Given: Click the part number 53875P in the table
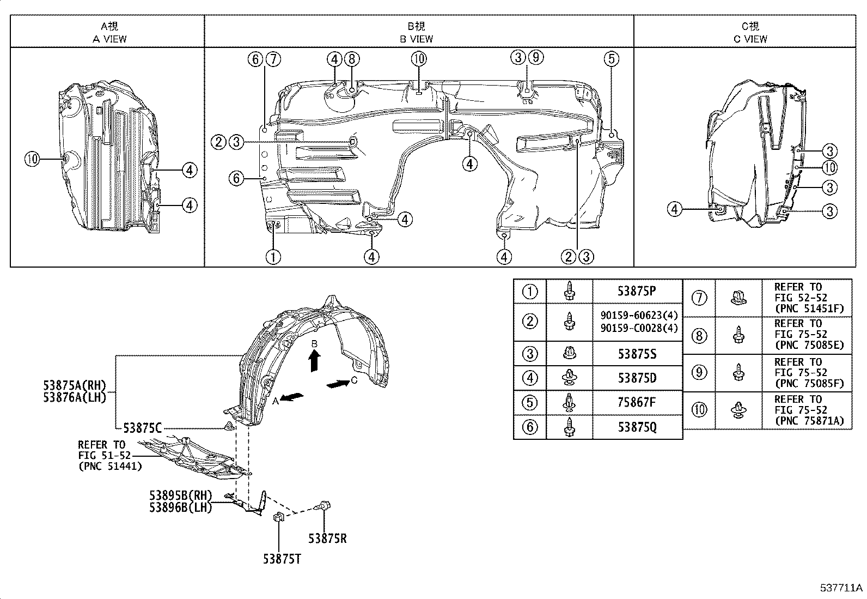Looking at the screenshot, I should (636, 291).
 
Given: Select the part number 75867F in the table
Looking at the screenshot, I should (637, 402).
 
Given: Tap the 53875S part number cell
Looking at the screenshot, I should (637, 354).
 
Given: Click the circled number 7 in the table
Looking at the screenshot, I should (699, 298).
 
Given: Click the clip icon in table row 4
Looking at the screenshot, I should (570, 377).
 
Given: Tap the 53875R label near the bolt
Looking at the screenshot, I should (327, 539).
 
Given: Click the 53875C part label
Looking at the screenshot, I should (142, 428).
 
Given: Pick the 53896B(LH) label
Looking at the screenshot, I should (180, 507).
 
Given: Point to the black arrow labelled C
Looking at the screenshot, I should (338, 384).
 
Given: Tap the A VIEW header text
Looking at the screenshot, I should (109, 39).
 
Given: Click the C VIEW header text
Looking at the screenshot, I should (750, 39).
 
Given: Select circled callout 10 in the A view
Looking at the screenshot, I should (32, 159).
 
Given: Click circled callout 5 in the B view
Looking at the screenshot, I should (611, 58).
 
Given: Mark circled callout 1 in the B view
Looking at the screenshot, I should (273, 256).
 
